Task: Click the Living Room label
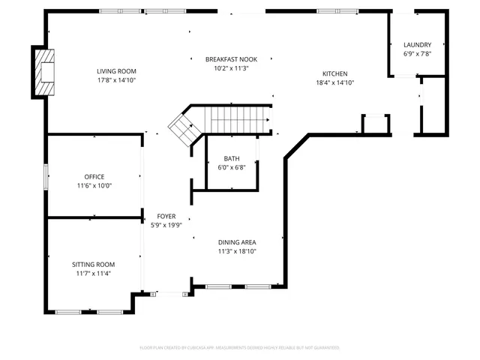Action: (116, 71)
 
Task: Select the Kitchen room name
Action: (334, 73)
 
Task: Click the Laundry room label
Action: (417, 45)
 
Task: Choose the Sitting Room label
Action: (94, 264)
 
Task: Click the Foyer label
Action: (166, 216)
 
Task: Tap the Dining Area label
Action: (237, 242)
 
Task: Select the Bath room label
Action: (232, 158)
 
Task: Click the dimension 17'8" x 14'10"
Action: (116, 80)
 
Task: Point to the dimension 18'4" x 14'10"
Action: (334, 82)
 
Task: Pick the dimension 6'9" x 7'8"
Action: (417, 54)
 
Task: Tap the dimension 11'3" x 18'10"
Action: (237, 251)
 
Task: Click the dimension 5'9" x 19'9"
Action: (166, 225)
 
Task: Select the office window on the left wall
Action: (46, 176)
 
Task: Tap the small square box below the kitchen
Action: (375, 124)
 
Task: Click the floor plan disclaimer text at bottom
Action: (240, 348)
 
